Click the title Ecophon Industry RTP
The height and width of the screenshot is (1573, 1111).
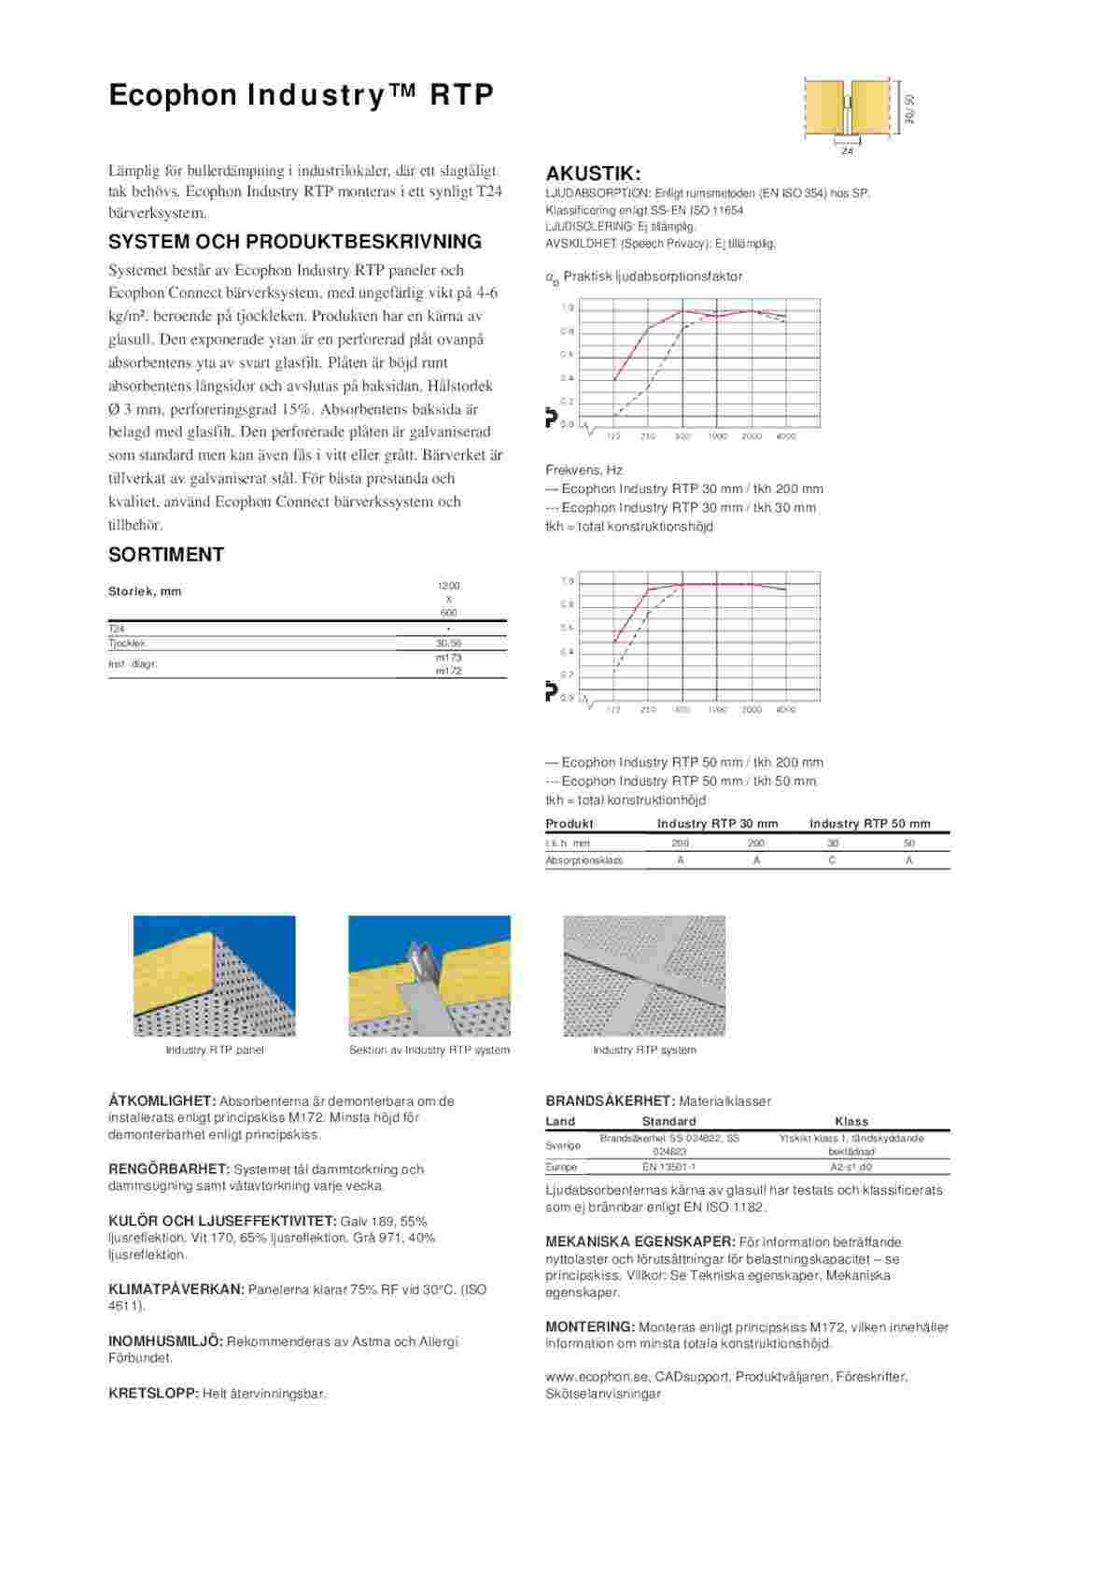pos(301,95)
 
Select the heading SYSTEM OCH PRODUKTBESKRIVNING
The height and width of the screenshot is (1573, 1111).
pos(295,242)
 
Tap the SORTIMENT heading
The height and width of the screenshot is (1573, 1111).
pos(166,555)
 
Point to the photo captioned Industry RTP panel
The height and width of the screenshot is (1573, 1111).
pos(215,975)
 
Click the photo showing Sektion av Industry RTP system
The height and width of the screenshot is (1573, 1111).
pos(429,975)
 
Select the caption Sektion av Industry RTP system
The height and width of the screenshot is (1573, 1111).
pos(429,1050)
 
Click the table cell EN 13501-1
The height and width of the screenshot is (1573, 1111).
pos(668,1167)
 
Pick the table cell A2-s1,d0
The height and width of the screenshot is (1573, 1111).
pos(851,1167)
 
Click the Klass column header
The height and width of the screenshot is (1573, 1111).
pos(851,1121)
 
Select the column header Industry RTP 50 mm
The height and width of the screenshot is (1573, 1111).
pos(869,824)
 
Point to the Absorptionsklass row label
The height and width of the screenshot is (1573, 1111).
pos(584,860)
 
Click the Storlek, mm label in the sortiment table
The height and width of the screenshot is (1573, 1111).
pos(145,591)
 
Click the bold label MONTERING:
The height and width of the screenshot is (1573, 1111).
pos(590,1327)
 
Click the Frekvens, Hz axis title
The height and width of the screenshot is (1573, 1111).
pos(584,470)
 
